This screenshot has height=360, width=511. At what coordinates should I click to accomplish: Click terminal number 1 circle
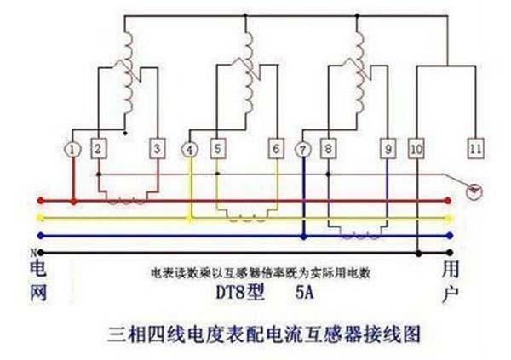pos(73,150)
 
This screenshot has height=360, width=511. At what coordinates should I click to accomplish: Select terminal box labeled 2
pos(99,149)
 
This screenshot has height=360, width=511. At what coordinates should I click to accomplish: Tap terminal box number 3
pos(157,149)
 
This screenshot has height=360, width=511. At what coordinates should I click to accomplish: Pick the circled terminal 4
pos(190,150)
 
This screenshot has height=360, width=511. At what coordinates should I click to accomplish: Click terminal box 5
pos(218,149)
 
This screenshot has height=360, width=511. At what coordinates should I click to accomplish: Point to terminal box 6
pos(276,149)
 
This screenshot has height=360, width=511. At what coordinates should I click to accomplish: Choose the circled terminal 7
pos(303,150)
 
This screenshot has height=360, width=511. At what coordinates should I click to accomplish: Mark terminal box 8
pos(329,149)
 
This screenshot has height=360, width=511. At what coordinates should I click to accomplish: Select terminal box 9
pos(388,149)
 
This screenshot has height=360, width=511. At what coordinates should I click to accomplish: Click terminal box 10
pos(416,149)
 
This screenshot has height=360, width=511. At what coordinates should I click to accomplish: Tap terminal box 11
pos(475,149)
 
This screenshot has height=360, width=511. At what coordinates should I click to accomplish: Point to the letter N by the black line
pos(33,252)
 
